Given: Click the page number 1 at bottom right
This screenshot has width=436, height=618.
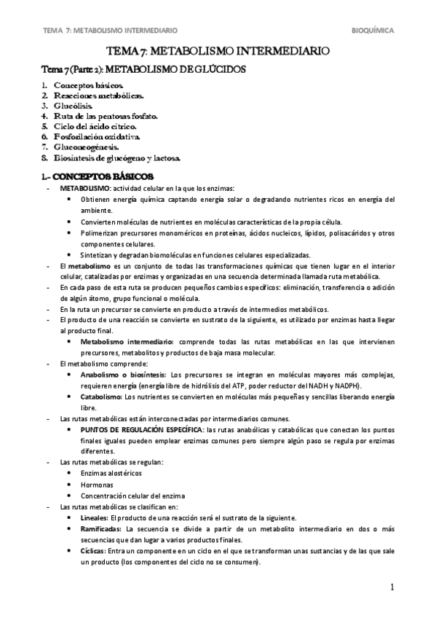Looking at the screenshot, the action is [391, 587].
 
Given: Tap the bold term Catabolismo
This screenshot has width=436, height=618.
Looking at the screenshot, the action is [102, 396].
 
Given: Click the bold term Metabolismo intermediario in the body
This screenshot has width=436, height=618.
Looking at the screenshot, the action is [127, 341].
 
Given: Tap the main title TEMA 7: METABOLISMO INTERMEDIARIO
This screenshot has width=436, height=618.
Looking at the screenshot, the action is [218, 52].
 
